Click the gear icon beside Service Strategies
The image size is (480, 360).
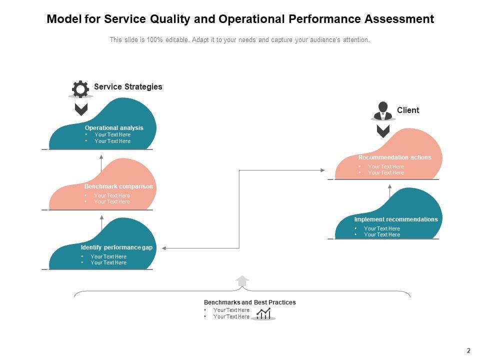point(80,89)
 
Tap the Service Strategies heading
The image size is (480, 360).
point(128,86)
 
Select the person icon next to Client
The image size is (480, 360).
point(383,110)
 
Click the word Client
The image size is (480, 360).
point(408,110)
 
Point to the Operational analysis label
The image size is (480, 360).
point(114,128)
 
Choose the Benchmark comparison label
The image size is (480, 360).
point(118,186)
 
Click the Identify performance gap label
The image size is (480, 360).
point(116,247)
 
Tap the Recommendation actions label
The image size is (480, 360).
point(394,157)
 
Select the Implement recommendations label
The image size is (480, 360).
point(396,219)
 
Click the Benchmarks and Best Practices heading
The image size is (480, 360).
point(249,302)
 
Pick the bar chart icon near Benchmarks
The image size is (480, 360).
point(263,313)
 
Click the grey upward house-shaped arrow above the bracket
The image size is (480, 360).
point(242,281)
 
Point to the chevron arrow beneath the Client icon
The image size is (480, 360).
point(383,131)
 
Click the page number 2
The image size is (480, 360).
point(468,351)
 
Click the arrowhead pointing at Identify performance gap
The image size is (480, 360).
point(164,248)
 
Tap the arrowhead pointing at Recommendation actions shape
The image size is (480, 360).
point(322,170)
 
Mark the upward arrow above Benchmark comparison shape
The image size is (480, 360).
point(101,157)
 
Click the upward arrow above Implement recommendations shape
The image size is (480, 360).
point(390,186)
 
